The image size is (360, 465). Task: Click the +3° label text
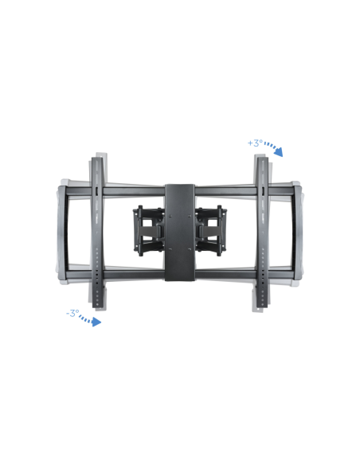255,143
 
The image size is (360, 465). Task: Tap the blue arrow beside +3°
274,147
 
